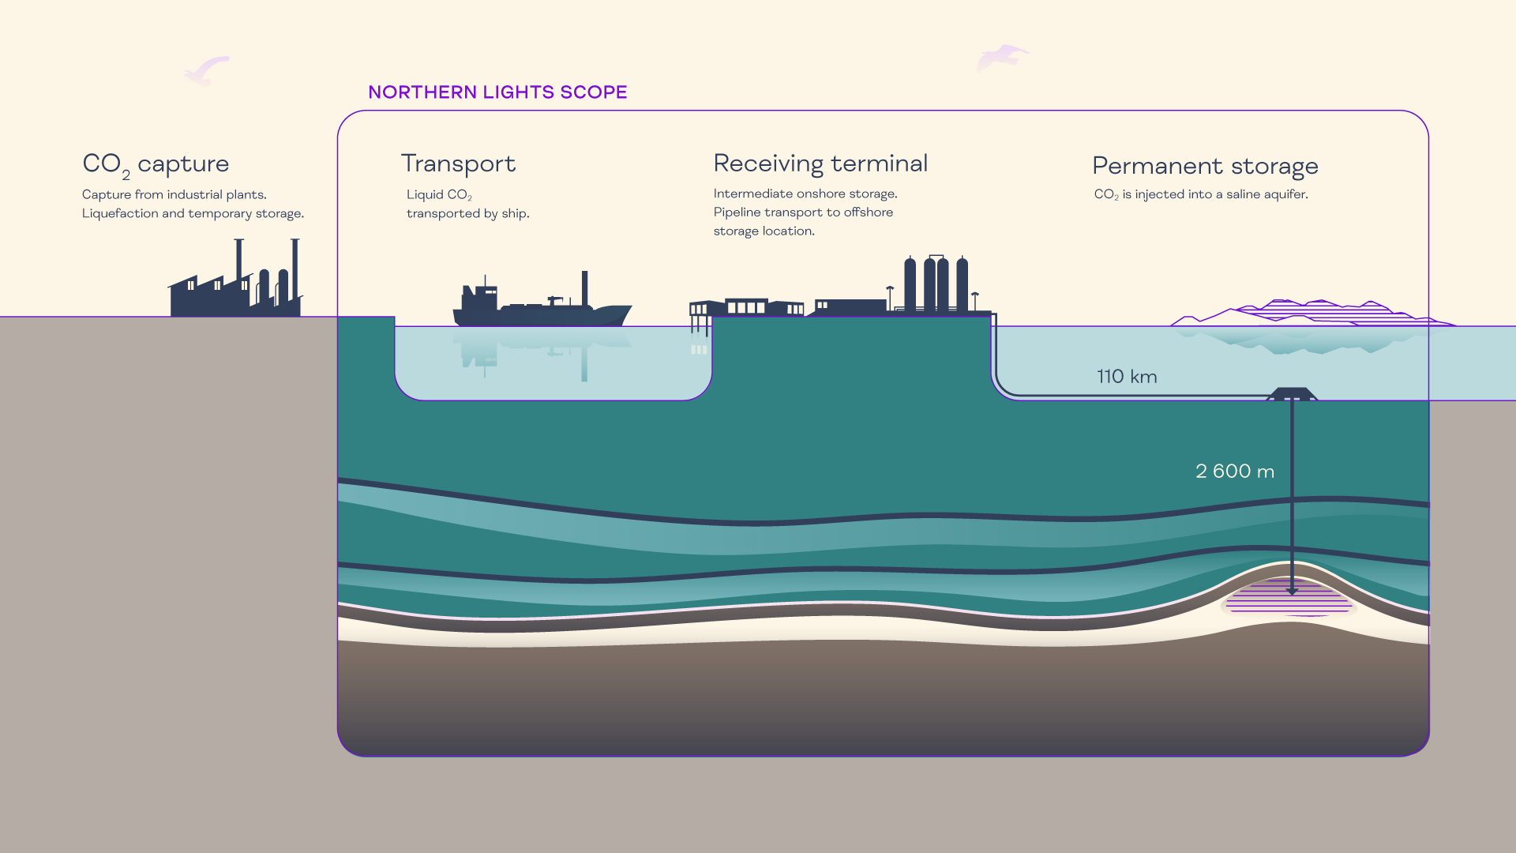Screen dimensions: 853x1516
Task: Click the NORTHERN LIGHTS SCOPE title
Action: (497, 92)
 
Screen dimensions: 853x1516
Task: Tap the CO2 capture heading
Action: (156, 164)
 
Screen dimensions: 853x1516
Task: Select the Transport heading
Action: (458, 163)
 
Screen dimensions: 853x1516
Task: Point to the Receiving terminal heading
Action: (820, 163)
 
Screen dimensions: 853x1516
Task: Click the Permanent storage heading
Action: (1205, 166)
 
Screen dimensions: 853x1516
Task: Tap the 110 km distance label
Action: (1127, 377)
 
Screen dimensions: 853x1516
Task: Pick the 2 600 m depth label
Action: (1235, 472)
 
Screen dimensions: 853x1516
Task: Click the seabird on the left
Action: (206, 70)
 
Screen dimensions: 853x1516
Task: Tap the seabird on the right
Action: (1001, 58)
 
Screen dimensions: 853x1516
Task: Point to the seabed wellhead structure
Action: (1292, 393)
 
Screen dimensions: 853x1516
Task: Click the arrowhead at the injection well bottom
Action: (1292, 591)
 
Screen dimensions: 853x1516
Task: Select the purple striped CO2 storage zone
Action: (1289, 600)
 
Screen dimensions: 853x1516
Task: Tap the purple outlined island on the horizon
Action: (1311, 313)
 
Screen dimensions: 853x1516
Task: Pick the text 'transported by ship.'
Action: (467, 213)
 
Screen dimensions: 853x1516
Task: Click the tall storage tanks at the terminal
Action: (936, 284)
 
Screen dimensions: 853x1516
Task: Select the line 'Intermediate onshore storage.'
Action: (805, 194)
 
